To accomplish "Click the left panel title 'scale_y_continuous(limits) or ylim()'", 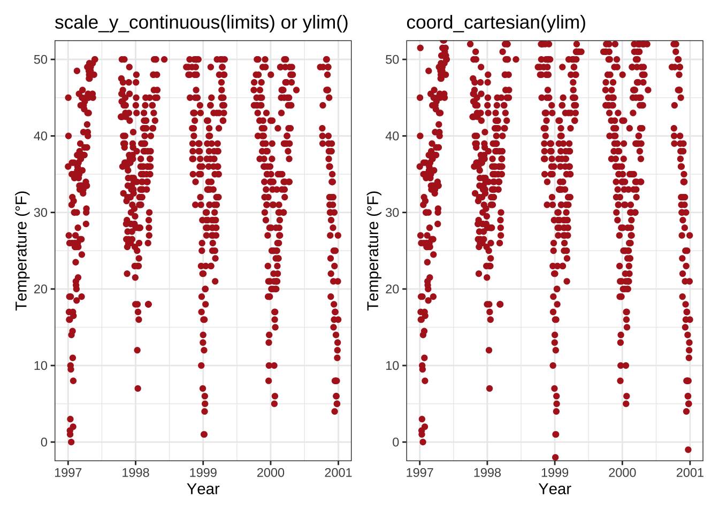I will coord(201,22).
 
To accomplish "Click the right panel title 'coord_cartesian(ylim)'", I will coord(496,22).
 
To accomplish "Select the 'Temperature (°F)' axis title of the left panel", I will coord(21,251).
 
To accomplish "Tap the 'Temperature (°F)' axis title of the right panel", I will coord(373,251).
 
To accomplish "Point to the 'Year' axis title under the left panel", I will coord(203,489).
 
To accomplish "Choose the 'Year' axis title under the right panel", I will coord(555,489).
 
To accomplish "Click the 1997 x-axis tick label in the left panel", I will coord(68,472).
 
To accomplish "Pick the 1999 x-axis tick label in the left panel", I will coord(203,472).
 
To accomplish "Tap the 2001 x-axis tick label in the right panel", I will coord(690,472).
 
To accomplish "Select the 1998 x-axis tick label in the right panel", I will coord(487,472).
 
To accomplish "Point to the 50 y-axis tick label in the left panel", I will coord(41,59).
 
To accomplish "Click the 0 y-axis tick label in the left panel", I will coord(44,442).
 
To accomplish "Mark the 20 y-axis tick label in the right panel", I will coord(392,289).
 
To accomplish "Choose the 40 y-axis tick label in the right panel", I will coord(392,136).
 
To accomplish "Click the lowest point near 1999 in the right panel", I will coord(555,457).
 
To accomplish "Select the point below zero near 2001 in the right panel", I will coord(688,450).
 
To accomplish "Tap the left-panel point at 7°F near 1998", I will coord(137,388).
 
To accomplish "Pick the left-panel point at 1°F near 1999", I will coord(204,434).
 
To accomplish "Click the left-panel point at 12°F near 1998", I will coord(137,351).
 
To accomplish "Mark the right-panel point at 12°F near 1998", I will coord(489,351).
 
